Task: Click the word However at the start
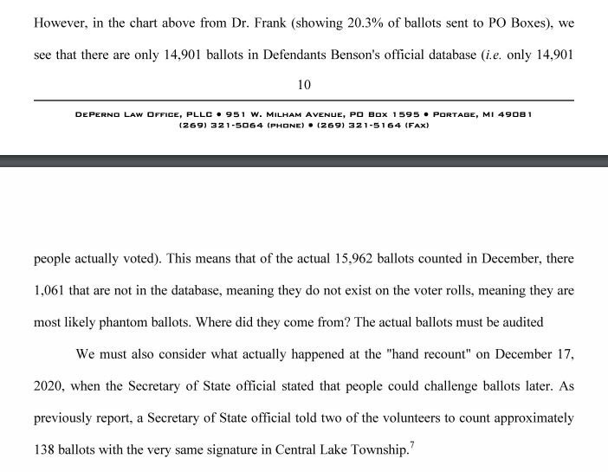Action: pyautogui.click(x=61, y=22)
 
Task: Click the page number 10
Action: pyautogui.click(x=303, y=84)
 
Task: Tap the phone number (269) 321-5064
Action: pyautogui.click(x=219, y=125)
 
